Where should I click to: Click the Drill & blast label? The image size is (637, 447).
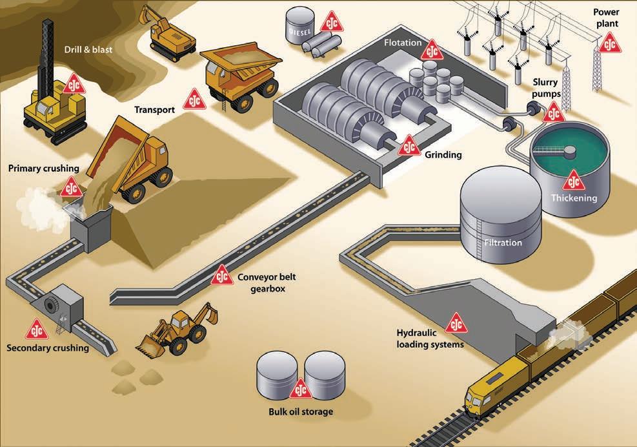[x=88, y=49]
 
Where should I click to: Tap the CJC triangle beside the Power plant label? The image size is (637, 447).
[x=609, y=43]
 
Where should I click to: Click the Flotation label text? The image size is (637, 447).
[x=403, y=43]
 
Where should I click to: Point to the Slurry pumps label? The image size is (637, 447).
[x=551, y=88]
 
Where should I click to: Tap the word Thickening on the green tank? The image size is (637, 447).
[x=574, y=198]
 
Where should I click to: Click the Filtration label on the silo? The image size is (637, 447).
[x=502, y=243]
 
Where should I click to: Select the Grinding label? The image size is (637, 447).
[x=443, y=155]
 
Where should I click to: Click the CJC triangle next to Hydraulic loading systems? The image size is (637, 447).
[x=456, y=322]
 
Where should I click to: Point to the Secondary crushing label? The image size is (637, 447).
[x=48, y=349]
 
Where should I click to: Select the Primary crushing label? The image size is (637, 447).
[x=43, y=169]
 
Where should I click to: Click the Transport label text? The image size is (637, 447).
[x=154, y=109]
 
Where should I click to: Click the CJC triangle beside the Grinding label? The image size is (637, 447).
[x=409, y=146]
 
